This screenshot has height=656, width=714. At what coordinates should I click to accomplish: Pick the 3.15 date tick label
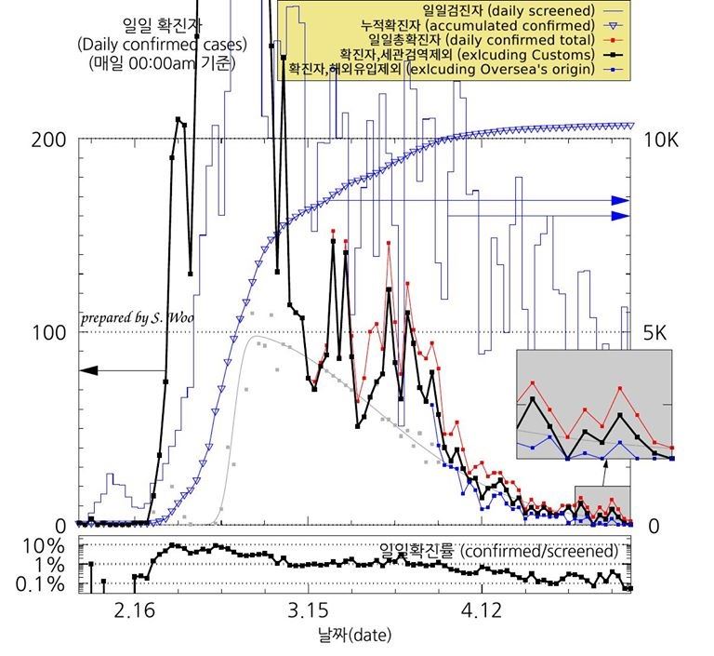(x=307, y=609)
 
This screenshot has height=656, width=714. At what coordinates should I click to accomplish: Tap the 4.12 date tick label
(x=481, y=609)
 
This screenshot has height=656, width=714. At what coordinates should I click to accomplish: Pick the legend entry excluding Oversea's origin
(x=441, y=70)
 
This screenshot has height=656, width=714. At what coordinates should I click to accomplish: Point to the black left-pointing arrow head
(x=86, y=370)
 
